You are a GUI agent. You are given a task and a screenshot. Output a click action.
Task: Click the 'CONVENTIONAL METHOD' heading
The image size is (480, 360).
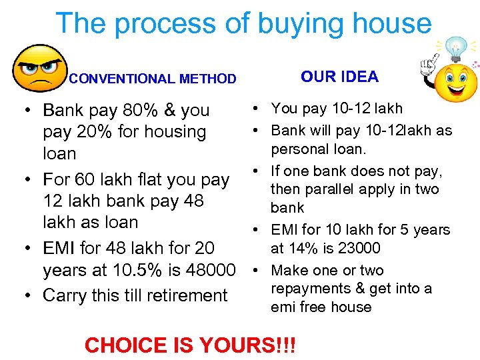153,79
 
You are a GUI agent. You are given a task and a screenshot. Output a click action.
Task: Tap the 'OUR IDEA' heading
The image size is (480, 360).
339,77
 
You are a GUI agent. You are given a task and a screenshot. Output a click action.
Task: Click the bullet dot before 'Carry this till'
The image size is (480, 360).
23,295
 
